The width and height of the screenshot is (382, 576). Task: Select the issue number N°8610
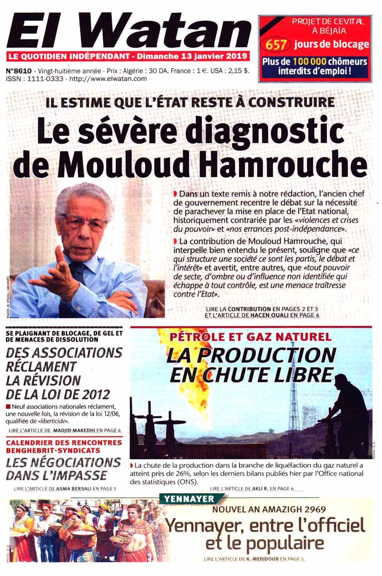tap(19, 71)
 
